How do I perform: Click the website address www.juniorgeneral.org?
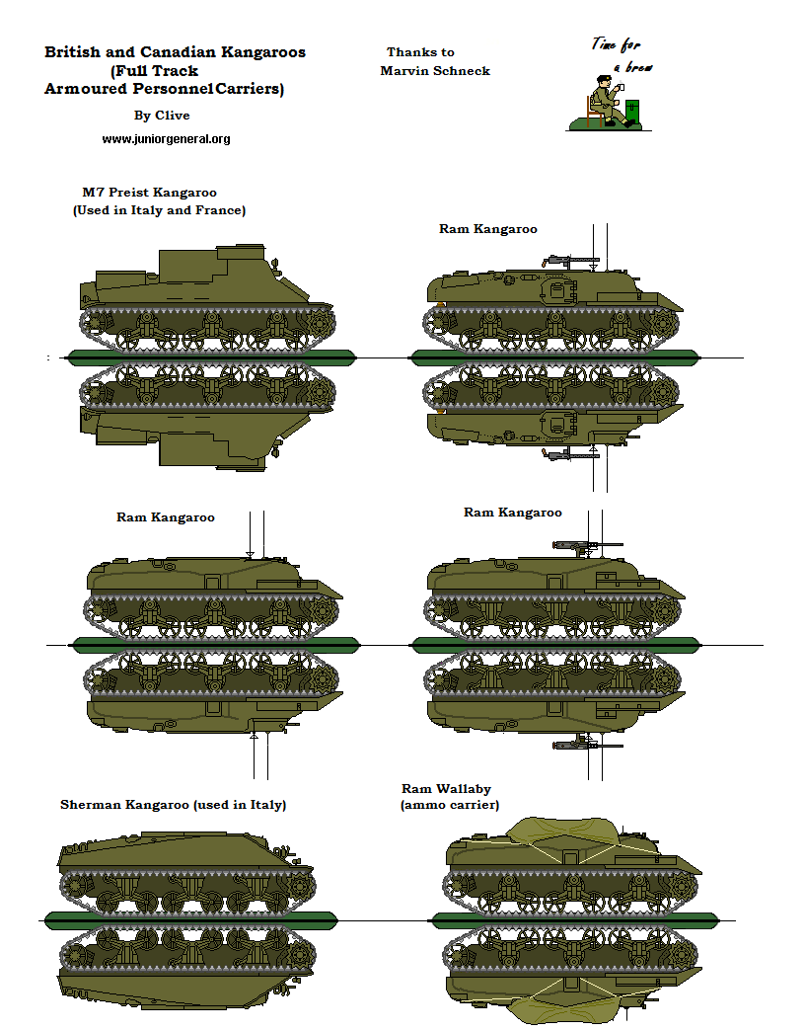[166, 139]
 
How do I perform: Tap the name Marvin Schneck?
[434, 70]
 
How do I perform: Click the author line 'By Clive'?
[161, 116]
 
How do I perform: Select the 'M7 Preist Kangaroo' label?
[149, 193]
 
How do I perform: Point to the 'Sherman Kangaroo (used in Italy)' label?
[173, 805]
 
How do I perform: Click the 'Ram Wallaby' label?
[446, 789]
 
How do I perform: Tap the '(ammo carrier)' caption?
[449, 806]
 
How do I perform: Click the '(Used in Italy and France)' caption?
[159, 210]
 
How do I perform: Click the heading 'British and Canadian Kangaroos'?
[175, 52]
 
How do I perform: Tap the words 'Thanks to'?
[420, 52]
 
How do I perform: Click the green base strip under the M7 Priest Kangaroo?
[206, 356]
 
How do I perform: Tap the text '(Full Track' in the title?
[155, 71]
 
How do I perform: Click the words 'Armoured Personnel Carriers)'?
[164, 89]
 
